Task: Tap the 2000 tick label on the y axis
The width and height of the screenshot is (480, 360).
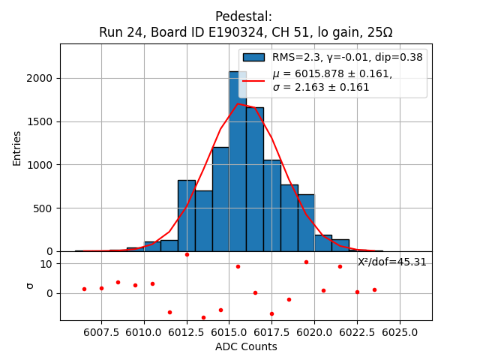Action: pyautogui.click(x=40, y=78)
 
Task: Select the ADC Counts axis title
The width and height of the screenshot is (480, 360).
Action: pyautogui.click(x=246, y=346)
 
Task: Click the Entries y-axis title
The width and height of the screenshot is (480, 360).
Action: pyautogui.click(x=17, y=148)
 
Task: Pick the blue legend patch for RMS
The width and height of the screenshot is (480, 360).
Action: pyautogui.click(x=253, y=57)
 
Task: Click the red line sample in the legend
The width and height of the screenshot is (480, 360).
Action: pyautogui.click(x=253, y=79)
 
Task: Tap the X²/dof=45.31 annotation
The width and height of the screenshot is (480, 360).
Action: pyautogui.click(x=392, y=262)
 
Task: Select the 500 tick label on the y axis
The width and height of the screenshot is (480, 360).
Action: pyautogui.click(x=43, y=208)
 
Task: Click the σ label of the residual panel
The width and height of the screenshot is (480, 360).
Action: pyautogui.click(x=31, y=285)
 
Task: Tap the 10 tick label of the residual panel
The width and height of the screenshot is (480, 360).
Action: pyautogui.click(x=46, y=264)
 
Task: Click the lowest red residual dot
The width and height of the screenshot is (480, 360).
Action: pyautogui.click(x=203, y=317)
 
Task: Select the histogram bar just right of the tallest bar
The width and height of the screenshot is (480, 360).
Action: pyautogui.click(x=255, y=180)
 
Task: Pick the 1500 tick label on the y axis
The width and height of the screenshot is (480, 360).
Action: pyautogui.click(x=40, y=121)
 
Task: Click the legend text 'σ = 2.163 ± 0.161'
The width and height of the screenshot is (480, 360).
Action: pyautogui.click(x=321, y=87)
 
